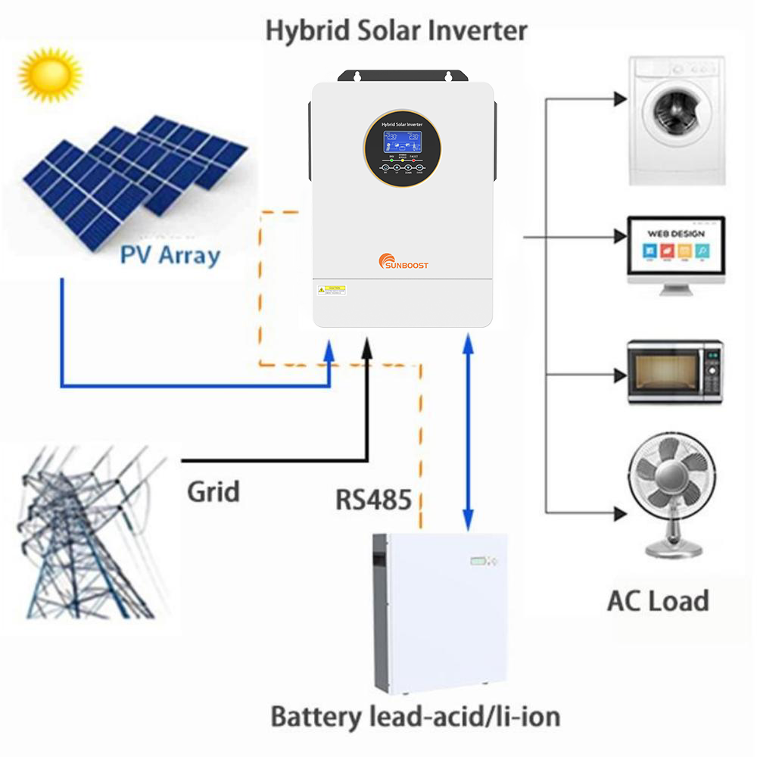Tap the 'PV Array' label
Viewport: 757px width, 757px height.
[170, 254]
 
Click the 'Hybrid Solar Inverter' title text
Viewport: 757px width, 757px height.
[396, 31]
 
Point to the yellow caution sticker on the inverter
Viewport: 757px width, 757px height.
[331, 290]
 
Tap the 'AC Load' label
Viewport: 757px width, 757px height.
[658, 601]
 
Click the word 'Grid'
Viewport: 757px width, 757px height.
[213, 491]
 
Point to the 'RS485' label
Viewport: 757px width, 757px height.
[374, 500]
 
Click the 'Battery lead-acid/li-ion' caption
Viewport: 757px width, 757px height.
[415, 716]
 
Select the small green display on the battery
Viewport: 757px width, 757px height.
[476, 562]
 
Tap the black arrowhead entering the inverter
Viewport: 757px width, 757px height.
[368, 347]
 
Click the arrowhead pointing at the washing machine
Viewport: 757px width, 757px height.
[619, 98]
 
